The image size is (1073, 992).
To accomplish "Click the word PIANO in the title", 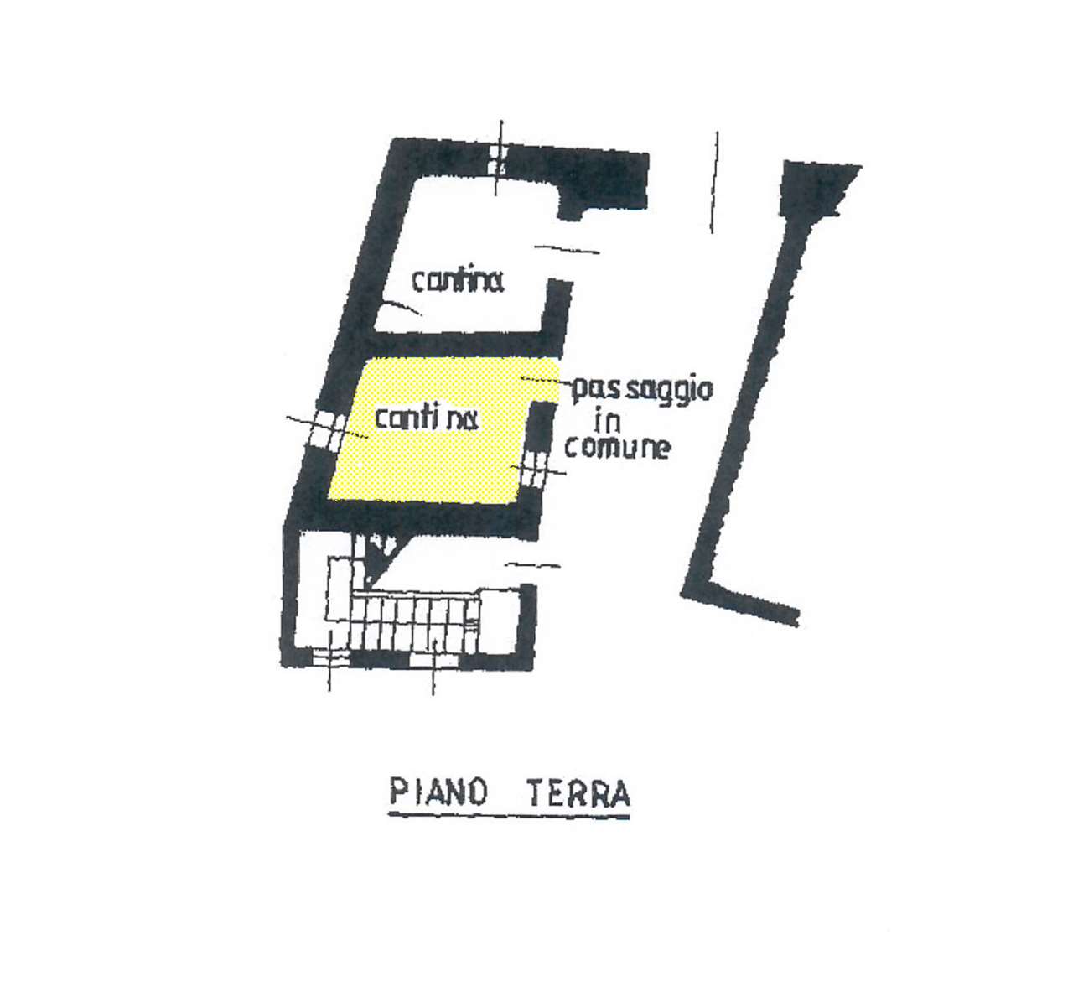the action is point(438,793).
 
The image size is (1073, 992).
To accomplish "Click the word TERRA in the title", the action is point(578,793).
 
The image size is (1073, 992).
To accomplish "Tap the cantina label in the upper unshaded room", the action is point(457,281).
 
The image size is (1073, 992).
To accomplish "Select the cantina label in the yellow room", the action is point(427,418).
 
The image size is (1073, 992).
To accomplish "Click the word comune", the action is point(617,447).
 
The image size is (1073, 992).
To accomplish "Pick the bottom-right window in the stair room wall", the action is point(433,660).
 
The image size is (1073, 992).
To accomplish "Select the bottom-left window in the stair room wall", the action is point(330,658).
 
